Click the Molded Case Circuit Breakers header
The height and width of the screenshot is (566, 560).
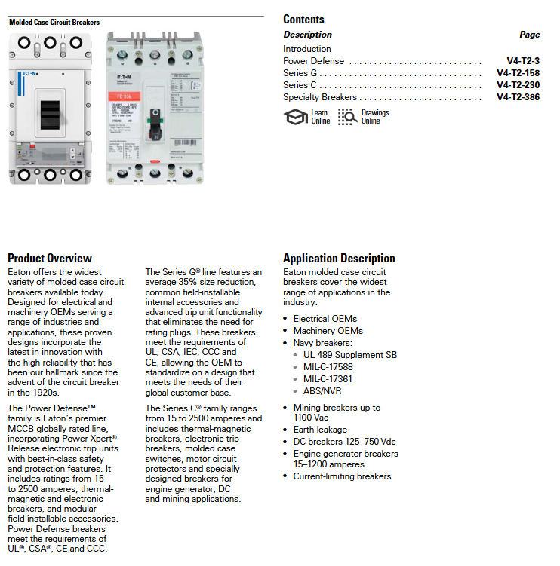(x=54, y=23)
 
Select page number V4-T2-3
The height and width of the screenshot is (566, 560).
(x=523, y=61)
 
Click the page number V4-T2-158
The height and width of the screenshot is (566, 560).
(x=518, y=73)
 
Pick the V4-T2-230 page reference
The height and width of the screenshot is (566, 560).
(x=518, y=85)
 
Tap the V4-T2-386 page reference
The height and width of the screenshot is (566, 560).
(x=518, y=97)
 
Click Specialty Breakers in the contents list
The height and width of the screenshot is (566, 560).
(x=320, y=97)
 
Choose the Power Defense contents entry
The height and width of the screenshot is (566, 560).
(x=313, y=61)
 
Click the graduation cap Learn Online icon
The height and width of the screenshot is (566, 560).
(x=295, y=117)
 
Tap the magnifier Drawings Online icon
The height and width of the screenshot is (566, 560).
(x=347, y=117)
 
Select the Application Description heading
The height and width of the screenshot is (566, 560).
(x=339, y=259)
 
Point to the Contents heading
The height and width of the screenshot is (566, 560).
(x=303, y=20)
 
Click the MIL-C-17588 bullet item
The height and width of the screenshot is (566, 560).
(x=328, y=367)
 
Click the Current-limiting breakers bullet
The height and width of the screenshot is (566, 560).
(x=342, y=476)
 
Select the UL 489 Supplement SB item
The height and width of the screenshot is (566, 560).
(x=349, y=355)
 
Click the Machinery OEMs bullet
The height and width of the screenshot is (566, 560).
(x=328, y=331)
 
